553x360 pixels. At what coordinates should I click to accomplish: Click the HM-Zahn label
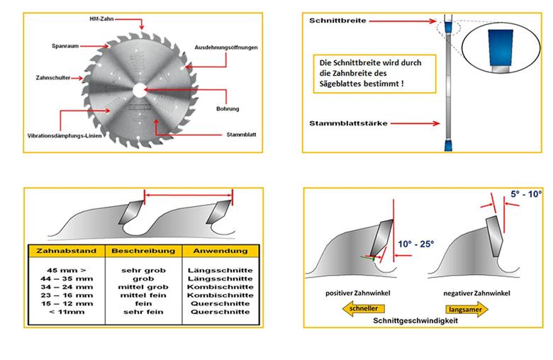[101, 19]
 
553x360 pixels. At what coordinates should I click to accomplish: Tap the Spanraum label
[65, 46]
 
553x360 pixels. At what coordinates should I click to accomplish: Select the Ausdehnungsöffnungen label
[226, 47]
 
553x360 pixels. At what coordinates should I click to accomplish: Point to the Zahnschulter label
[53, 77]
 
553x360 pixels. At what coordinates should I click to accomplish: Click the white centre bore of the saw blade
[138, 91]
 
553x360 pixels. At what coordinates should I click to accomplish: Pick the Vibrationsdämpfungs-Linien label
[65, 136]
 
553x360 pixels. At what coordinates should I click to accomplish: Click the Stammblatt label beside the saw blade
[241, 135]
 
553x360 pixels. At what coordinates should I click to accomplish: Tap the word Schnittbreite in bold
[337, 21]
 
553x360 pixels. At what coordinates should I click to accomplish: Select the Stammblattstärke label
[348, 123]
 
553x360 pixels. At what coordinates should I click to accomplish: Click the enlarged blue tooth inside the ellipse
[501, 47]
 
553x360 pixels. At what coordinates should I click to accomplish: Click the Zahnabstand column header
[67, 251]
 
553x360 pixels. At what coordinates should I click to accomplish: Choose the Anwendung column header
[220, 251]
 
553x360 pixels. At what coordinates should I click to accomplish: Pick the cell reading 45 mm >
[67, 271]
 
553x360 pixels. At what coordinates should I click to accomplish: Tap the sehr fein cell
[143, 312]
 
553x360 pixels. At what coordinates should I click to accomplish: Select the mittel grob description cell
[143, 287]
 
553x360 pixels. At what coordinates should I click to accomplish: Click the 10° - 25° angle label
[415, 244]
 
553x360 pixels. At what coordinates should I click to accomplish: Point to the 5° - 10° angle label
[526, 194]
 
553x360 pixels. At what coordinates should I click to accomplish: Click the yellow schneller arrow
[363, 309]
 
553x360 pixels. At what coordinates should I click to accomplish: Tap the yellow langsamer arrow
[467, 310]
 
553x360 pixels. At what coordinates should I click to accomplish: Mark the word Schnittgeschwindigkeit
[415, 321]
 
